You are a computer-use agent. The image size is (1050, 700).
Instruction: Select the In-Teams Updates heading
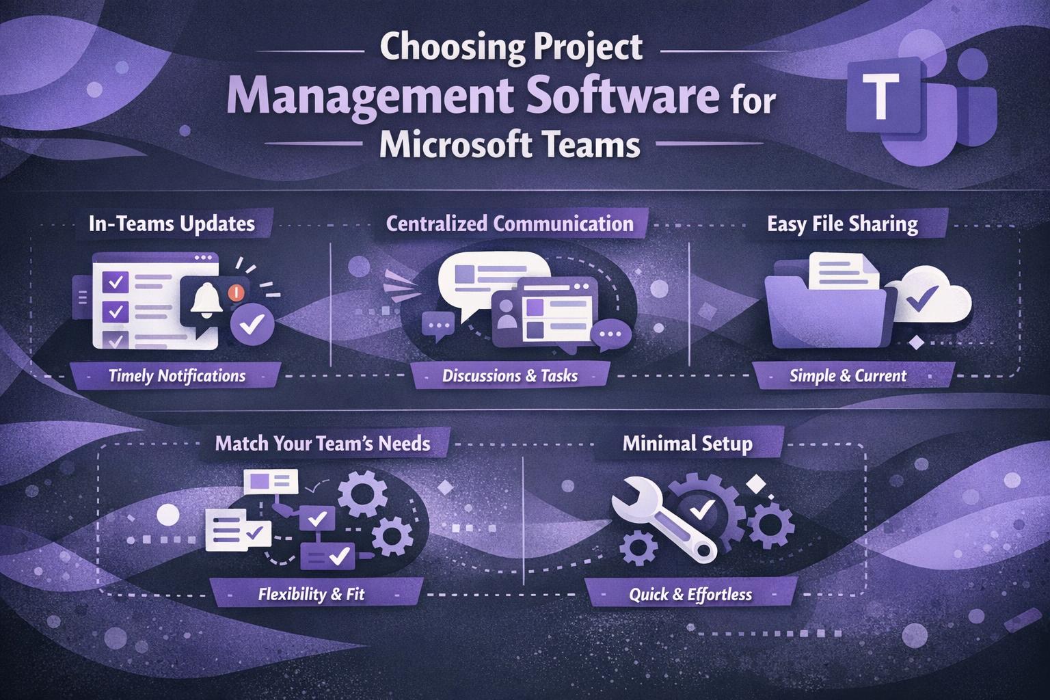(x=172, y=224)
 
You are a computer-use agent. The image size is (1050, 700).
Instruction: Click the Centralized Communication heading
(x=510, y=224)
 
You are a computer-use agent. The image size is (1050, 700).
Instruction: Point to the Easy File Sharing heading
(x=842, y=224)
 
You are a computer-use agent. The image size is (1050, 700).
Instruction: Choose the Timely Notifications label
(x=176, y=376)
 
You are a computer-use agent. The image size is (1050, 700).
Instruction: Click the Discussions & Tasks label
(x=510, y=376)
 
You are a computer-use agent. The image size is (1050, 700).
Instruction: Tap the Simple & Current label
(x=848, y=376)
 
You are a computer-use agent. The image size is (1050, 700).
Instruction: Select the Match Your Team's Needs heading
(x=323, y=444)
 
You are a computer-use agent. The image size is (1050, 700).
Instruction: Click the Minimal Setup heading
(x=687, y=444)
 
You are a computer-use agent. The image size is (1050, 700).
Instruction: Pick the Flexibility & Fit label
(x=311, y=594)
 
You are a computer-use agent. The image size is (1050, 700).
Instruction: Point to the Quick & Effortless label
(x=690, y=595)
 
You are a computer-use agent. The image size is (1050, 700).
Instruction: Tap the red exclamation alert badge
(x=236, y=293)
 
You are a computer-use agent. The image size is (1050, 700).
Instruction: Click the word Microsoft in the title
(x=455, y=145)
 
